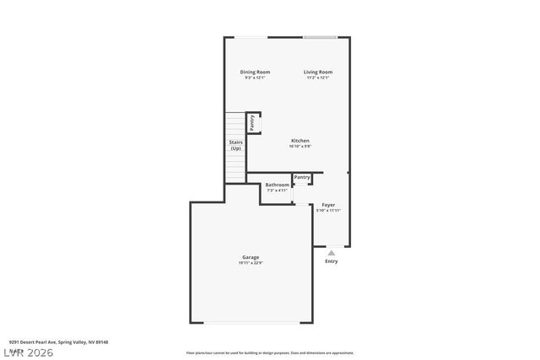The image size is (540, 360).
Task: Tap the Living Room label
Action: click(x=318, y=72)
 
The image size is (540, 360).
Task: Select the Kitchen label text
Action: click(x=300, y=140)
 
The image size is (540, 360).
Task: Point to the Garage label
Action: click(x=251, y=257)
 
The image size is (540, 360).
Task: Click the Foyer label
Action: click(x=328, y=205)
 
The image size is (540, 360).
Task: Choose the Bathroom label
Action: click(x=277, y=185)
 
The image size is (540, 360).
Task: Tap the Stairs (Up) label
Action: click(x=236, y=145)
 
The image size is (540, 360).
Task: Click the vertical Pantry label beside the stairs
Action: click(x=252, y=121)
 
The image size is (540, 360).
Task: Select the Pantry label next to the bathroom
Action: click(x=302, y=177)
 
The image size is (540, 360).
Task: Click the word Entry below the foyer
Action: click(x=332, y=261)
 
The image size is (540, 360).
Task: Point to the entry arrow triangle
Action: click(x=332, y=252)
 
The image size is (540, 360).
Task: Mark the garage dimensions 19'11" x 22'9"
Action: click(x=251, y=263)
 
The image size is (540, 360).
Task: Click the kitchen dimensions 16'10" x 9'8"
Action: click(x=300, y=147)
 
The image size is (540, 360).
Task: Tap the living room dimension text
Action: click(x=318, y=78)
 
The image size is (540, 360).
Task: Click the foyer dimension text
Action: click(x=328, y=211)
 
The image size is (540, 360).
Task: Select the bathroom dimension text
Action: click(x=277, y=191)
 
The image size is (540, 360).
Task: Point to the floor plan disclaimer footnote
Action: click(x=270, y=352)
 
